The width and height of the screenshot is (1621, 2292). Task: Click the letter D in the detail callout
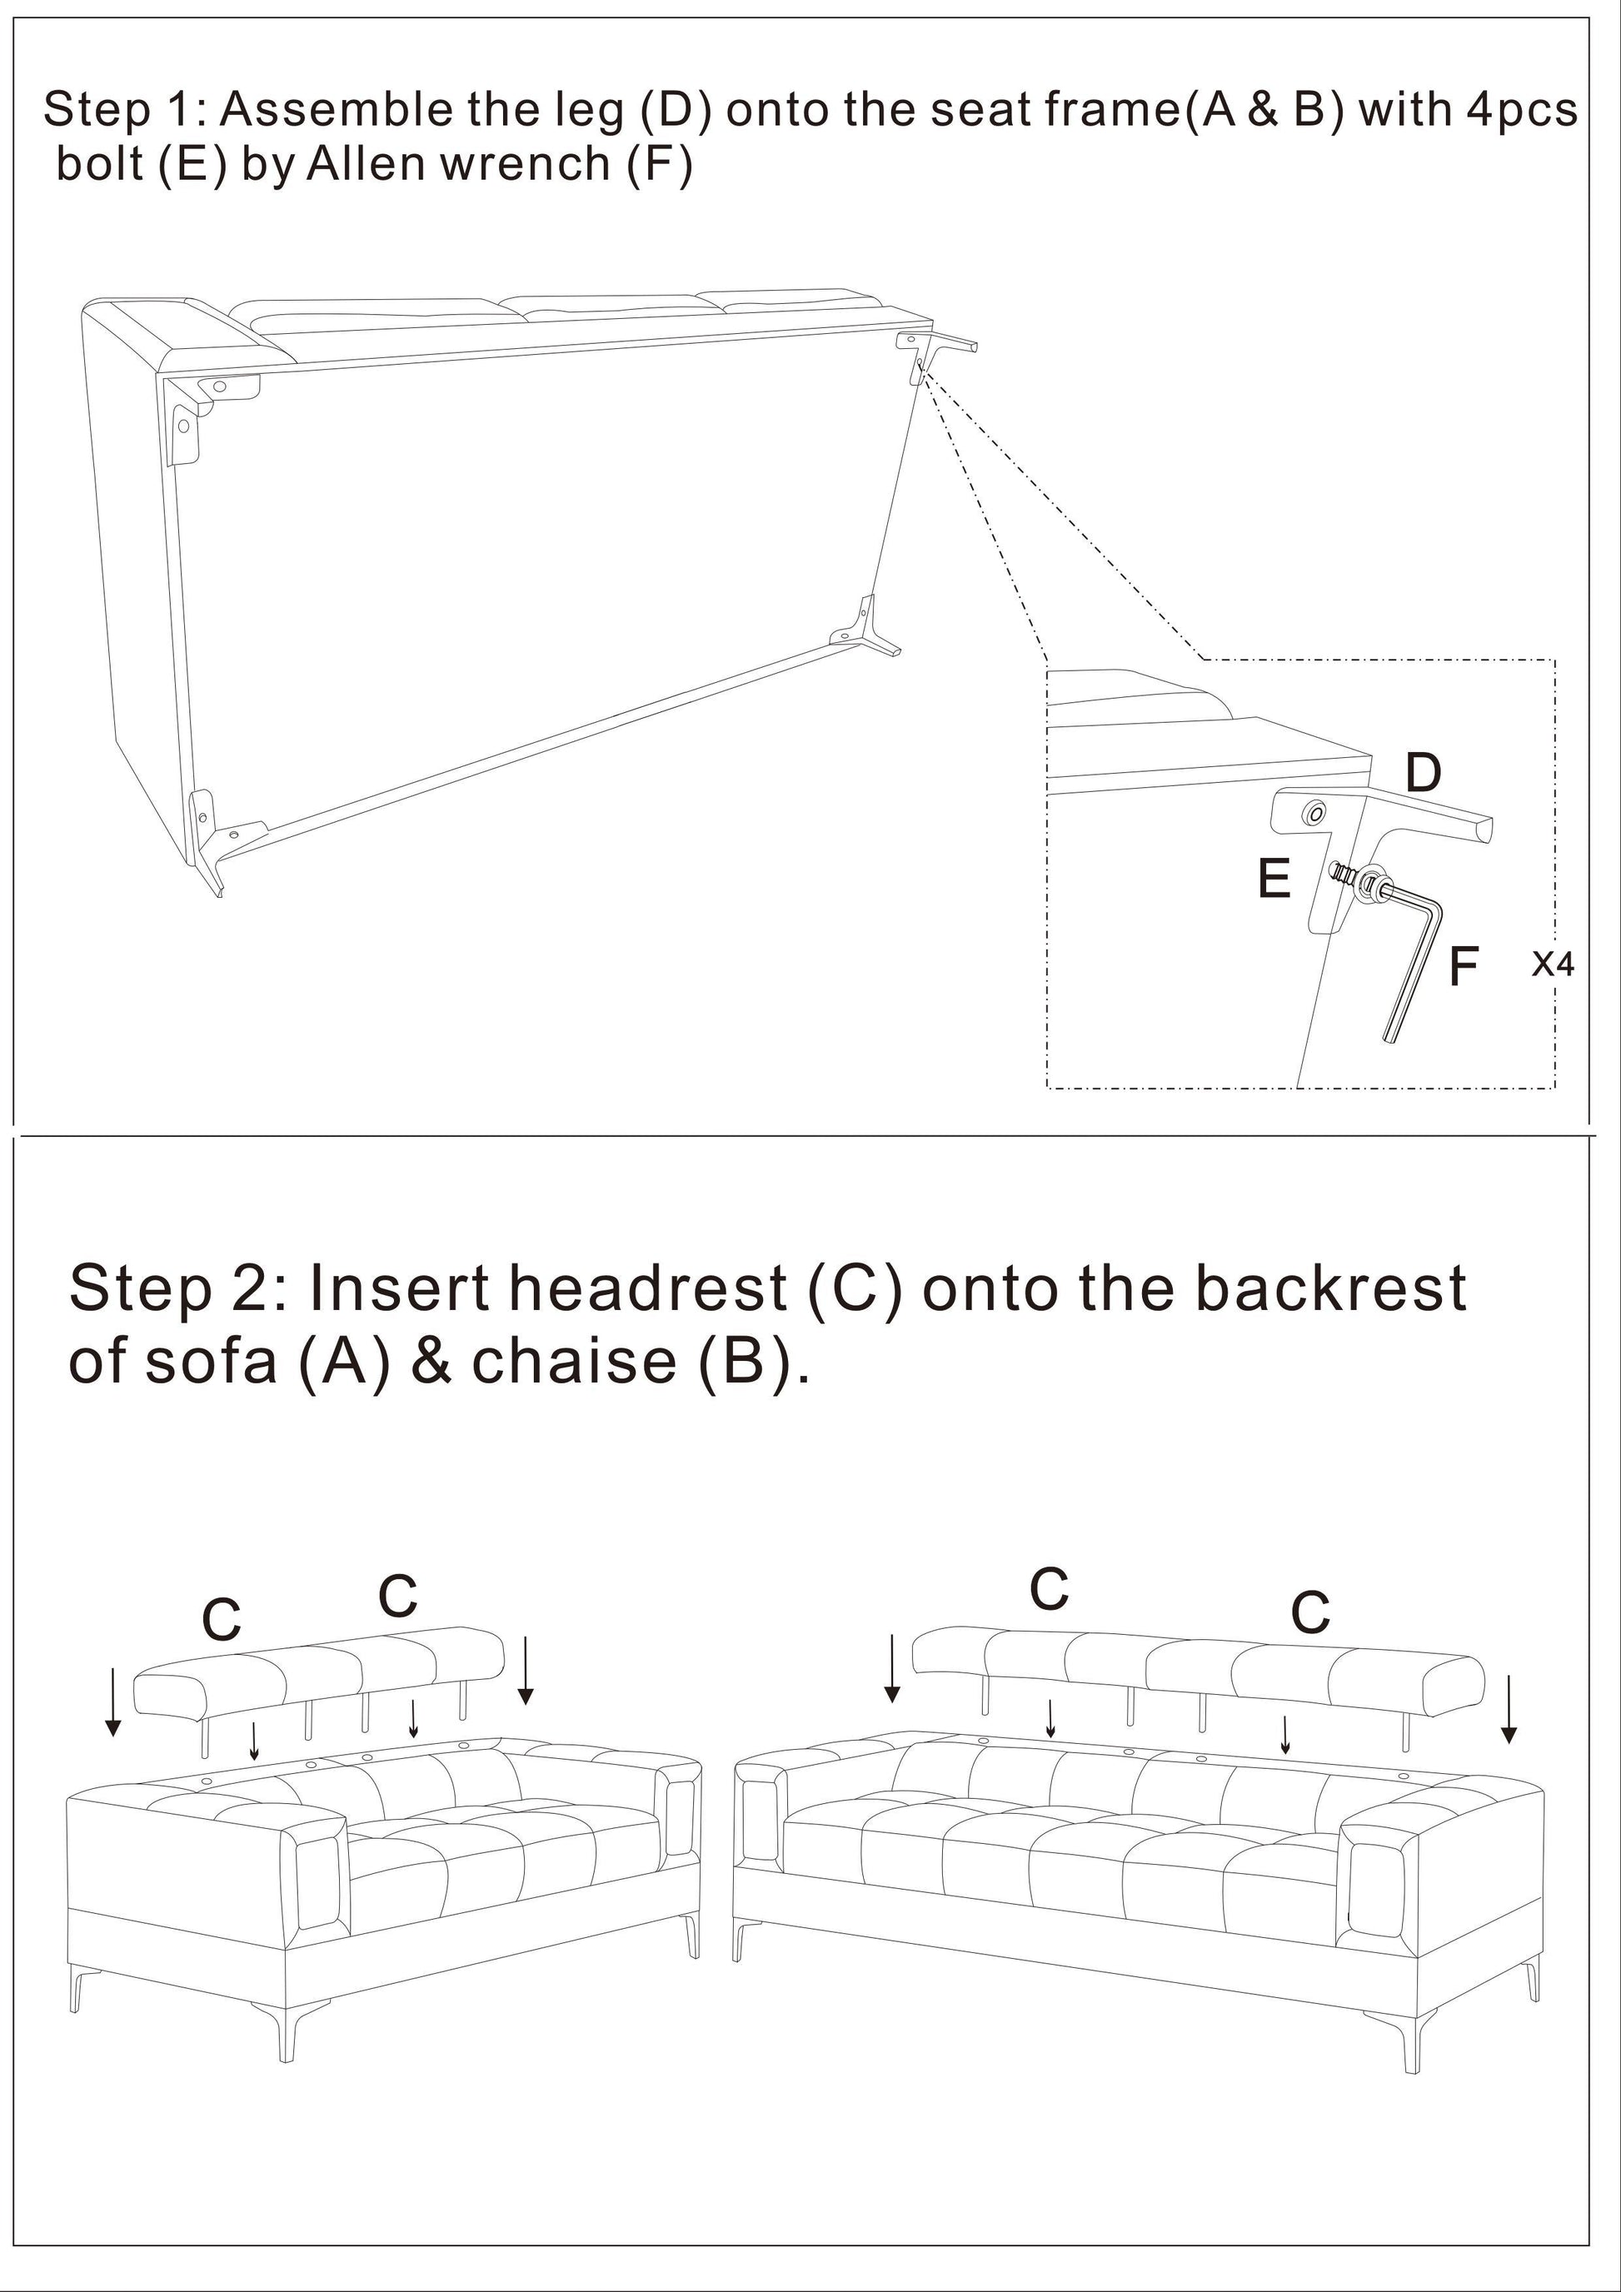[1424, 773]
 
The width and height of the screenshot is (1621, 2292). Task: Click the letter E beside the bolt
[1274, 879]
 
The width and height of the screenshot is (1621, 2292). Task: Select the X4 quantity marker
[1554, 964]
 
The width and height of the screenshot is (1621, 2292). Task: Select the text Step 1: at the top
[124, 110]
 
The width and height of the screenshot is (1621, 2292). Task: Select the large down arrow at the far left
[114, 1702]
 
